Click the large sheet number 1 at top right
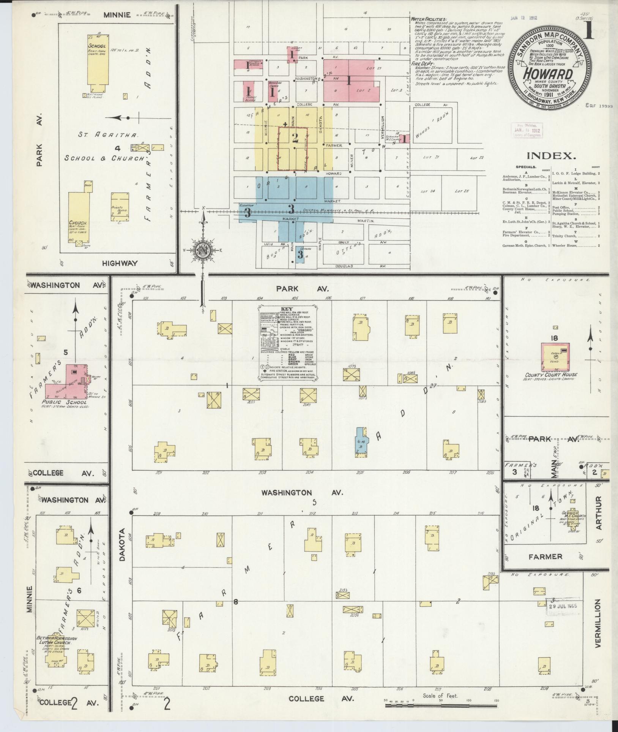[589, 30]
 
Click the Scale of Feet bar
[440, 705]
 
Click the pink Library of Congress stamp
[527, 130]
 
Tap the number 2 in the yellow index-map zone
[295, 138]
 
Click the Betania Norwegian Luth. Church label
[57, 640]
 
